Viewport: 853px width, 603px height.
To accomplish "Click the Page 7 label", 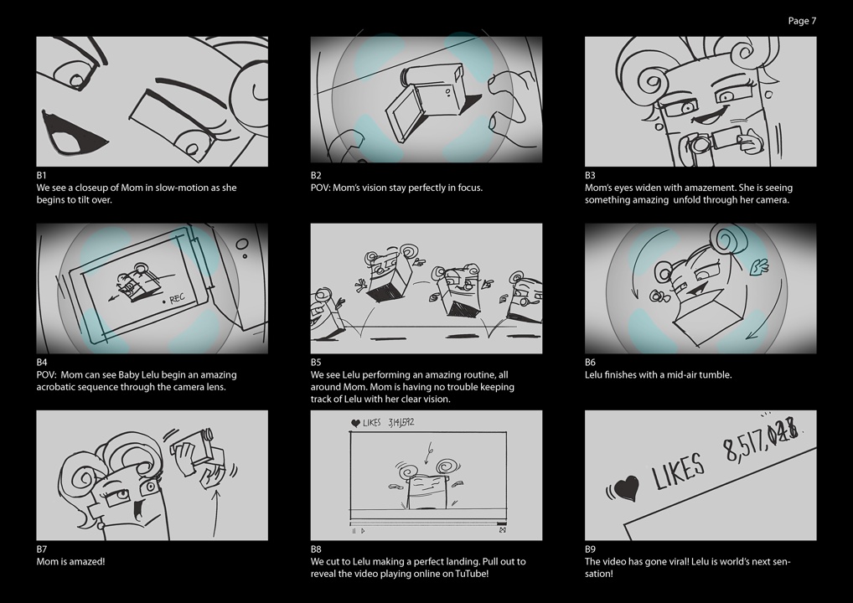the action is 802,21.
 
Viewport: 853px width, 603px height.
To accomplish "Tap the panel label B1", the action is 41,175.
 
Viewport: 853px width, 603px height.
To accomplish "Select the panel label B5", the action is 316,362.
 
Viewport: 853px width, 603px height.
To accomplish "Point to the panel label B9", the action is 590,549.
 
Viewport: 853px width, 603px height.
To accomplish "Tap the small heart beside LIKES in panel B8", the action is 355,423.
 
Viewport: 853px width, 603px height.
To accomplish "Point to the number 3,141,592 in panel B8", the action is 401,422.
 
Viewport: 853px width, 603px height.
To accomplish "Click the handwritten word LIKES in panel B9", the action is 678,472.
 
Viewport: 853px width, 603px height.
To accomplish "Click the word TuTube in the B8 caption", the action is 472,574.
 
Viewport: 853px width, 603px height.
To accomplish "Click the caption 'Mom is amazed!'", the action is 70,561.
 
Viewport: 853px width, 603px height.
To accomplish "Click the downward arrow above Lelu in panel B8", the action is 429,456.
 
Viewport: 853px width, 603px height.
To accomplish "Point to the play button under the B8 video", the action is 363,531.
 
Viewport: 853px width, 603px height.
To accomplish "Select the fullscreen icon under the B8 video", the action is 502,530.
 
